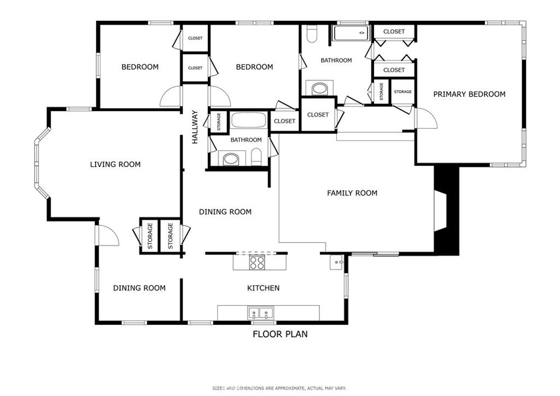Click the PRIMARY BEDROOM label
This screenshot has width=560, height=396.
pyautogui.click(x=469, y=94)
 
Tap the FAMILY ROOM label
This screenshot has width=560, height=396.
pyautogui.click(x=352, y=193)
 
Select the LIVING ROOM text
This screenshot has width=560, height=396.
pyautogui.click(x=115, y=164)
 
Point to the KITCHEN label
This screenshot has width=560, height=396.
pyautogui.click(x=264, y=288)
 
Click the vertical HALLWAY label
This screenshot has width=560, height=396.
pyautogui.click(x=195, y=127)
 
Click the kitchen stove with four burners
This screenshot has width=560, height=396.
pyautogui.click(x=257, y=263)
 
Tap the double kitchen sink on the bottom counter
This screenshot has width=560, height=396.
pyautogui.click(x=261, y=313)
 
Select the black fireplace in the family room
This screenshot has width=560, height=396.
pyautogui.click(x=446, y=211)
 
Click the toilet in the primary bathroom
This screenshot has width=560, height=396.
pyautogui.click(x=312, y=35)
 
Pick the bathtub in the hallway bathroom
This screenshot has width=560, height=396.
pyautogui.click(x=249, y=120)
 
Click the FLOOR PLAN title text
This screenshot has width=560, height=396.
pyautogui.click(x=279, y=334)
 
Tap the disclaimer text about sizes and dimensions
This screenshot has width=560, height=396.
pyautogui.click(x=279, y=388)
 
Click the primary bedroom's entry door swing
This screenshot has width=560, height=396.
pyautogui.click(x=426, y=118)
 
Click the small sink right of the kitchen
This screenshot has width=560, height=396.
pyautogui.click(x=336, y=263)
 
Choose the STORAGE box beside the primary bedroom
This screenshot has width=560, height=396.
pyautogui.click(x=402, y=91)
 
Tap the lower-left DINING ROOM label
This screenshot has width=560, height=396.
pyautogui.click(x=139, y=288)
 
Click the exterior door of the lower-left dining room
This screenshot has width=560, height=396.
pyautogui.click(x=106, y=235)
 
